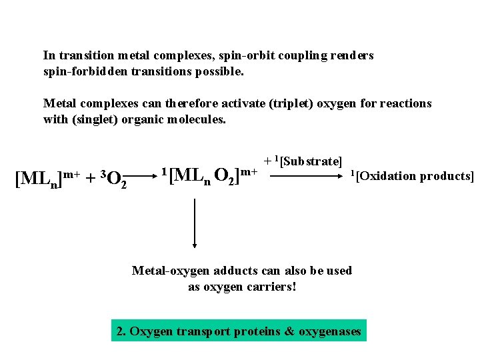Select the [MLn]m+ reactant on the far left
(46, 178)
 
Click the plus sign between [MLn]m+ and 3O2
(87, 179)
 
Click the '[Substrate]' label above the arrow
(311, 162)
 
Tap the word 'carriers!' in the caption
(271, 287)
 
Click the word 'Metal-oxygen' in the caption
(167, 270)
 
